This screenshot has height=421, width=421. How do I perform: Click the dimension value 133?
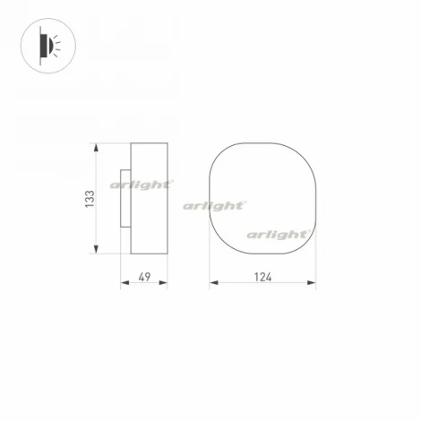click(x=90, y=199)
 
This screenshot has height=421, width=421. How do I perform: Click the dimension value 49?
click(x=144, y=277)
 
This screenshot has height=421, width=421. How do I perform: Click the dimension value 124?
click(x=263, y=277)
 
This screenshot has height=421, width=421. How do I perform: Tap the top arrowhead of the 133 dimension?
click(x=96, y=148)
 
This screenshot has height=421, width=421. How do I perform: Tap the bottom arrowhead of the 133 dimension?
click(x=96, y=249)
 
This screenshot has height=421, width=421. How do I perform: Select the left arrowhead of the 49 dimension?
click(x=125, y=282)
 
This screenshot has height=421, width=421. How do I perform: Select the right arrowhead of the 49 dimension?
click(x=163, y=282)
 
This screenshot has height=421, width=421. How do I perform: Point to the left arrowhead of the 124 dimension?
click(x=214, y=282)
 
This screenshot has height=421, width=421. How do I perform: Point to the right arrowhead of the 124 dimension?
click(x=312, y=282)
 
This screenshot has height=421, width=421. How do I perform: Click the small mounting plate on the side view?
click(x=125, y=199)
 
